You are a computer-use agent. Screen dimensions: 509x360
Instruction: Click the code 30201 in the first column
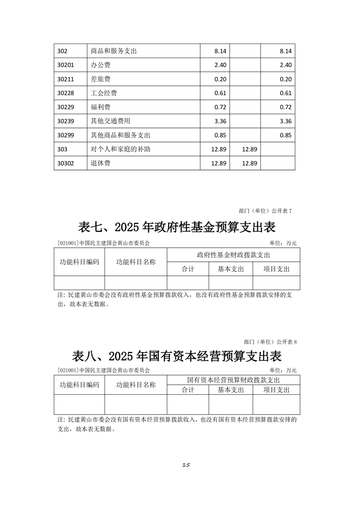(x=66, y=65)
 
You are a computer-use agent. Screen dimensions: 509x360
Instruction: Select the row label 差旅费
(x=101, y=79)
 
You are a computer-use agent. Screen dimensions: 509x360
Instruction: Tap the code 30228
(x=66, y=93)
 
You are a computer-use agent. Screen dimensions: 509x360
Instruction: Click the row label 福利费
(x=101, y=107)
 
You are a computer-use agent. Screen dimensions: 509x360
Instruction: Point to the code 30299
(x=66, y=135)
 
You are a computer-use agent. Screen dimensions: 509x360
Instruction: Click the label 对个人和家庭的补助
(x=121, y=149)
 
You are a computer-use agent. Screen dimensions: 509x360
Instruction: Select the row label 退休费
(x=101, y=163)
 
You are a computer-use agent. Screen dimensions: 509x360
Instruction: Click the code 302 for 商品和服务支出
(x=63, y=51)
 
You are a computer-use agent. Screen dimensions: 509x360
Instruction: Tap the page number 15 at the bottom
(x=185, y=465)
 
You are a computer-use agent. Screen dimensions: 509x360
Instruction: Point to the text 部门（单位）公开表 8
(x=270, y=341)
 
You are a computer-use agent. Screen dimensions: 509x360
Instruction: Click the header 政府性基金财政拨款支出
(x=233, y=255)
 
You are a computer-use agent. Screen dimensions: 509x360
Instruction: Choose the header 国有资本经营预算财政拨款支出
(x=233, y=380)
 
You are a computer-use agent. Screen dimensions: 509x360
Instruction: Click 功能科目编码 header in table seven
(x=79, y=262)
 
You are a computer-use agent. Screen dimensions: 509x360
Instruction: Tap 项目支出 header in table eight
(x=276, y=390)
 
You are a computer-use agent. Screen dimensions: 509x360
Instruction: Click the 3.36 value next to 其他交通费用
(x=220, y=121)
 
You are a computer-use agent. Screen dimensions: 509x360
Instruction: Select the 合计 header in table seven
(x=188, y=269)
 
